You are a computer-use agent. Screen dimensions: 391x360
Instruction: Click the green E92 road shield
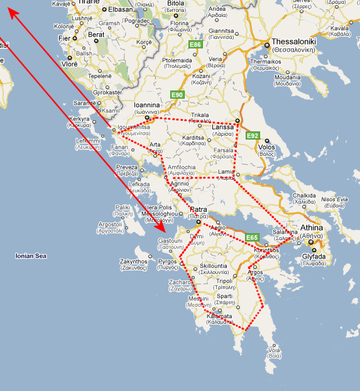click(253, 135)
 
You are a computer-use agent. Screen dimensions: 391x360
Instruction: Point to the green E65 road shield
click(252, 236)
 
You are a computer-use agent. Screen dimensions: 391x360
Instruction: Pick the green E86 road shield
click(195, 45)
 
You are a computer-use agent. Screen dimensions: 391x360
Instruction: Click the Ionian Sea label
click(31, 256)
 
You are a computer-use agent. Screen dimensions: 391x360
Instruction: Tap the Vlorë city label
click(70, 64)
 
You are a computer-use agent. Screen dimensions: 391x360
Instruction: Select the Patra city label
click(199, 209)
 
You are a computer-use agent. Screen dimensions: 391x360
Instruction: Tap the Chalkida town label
click(304, 196)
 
